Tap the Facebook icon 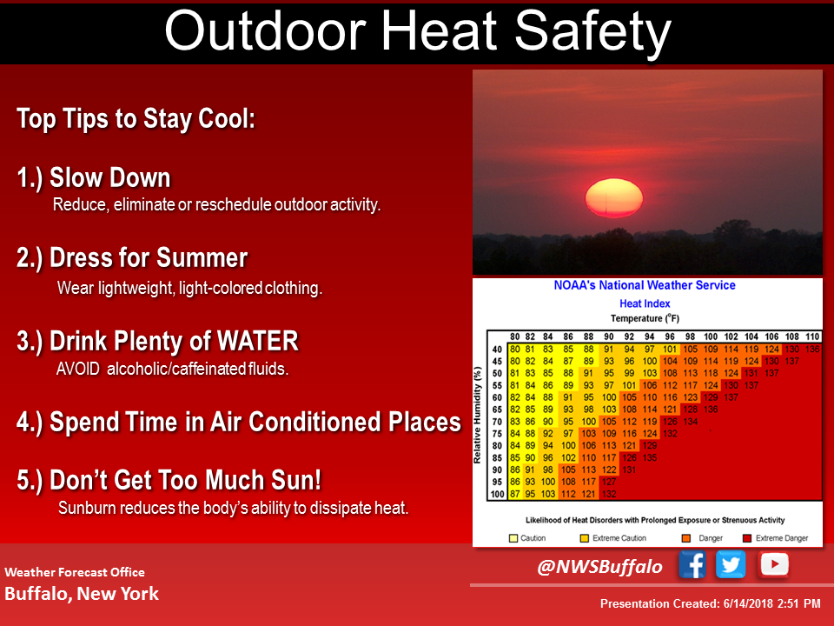tap(692, 565)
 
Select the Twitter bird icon tap(731, 565)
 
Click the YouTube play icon tap(773, 565)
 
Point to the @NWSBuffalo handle tap(599, 567)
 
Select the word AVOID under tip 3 tap(78, 369)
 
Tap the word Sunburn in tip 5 tap(86, 508)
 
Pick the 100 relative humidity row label tap(496, 494)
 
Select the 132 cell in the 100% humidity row tap(609, 494)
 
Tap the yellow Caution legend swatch tap(513, 538)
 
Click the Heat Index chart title tap(644, 303)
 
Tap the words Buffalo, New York tap(82, 594)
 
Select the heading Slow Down tap(109, 178)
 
